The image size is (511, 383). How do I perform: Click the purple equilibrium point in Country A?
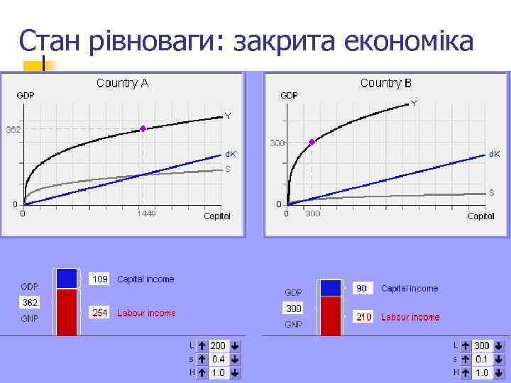143,128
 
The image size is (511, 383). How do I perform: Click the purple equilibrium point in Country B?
312,142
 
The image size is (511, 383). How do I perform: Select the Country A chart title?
122,83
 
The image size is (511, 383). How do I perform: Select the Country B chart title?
385,83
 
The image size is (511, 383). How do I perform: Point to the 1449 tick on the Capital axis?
146,213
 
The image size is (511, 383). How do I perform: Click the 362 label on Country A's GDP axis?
13,130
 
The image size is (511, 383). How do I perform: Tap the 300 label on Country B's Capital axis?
312,213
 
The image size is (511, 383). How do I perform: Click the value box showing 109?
100,279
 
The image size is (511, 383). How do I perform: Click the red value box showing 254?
100,313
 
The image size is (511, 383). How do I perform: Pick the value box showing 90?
362,289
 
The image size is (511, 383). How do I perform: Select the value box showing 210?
363,317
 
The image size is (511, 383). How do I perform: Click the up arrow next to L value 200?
202,346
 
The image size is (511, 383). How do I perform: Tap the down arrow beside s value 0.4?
235,360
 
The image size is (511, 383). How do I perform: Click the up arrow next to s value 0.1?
466,359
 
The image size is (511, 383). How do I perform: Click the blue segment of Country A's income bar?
66,278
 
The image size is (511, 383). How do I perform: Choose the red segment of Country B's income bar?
331,315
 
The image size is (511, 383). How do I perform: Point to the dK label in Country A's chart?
231,153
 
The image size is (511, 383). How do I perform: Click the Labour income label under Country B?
410,317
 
